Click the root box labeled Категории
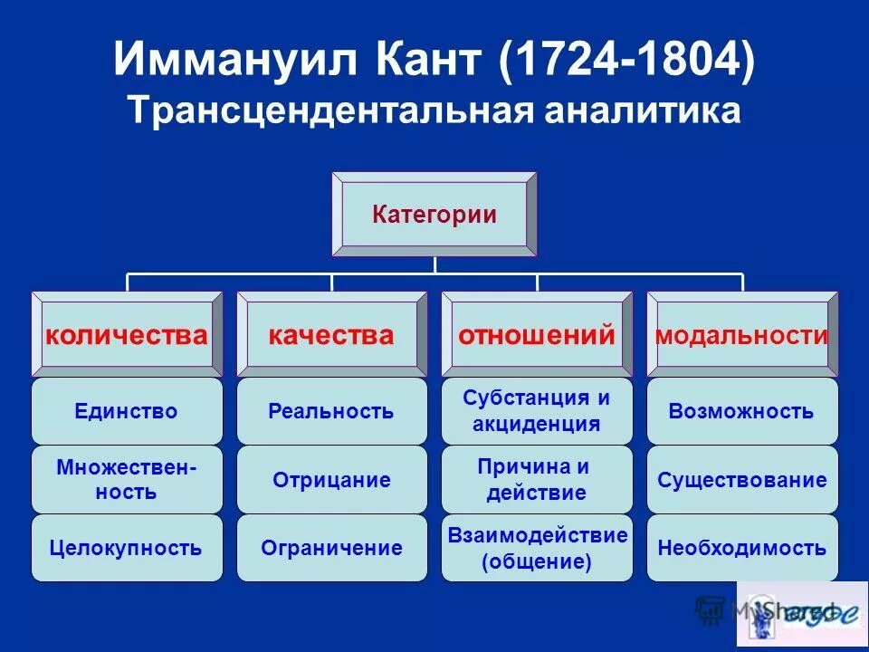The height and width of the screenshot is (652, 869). pyautogui.click(x=434, y=215)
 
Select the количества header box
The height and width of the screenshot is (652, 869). pyautogui.click(x=127, y=335)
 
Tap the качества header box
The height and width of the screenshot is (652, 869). pyautogui.click(x=331, y=335)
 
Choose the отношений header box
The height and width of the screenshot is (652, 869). pyautogui.click(x=537, y=335)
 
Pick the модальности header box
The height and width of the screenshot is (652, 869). pyautogui.click(x=742, y=335)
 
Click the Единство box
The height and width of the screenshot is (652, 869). pyautogui.click(x=127, y=411)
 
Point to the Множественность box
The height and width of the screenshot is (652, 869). pyautogui.click(x=127, y=480)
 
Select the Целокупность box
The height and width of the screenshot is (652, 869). pyautogui.click(x=127, y=548)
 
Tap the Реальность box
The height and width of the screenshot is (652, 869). pyautogui.click(x=331, y=411)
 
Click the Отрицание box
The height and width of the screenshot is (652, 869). pyautogui.click(x=331, y=480)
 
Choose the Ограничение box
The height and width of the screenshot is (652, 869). pyautogui.click(x=331, y=548)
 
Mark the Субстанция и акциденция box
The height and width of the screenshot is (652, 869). pyautogui.click(x=537, y=411)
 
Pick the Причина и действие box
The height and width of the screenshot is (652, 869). pyautogui.click(x=537, y=480)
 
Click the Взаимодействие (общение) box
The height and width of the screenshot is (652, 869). pyautogui.click(x=537, y=548)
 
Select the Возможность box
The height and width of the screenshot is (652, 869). pyautogui.click(x=742, y=411)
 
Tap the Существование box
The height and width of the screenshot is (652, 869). pyautogui.click(x=742, y=480)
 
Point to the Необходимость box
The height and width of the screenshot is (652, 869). pyautogui.click(x=742, y=548)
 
